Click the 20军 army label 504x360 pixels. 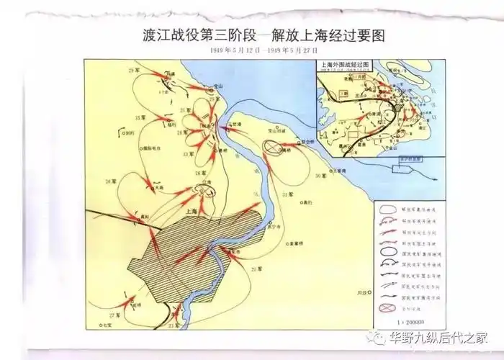[256, 269]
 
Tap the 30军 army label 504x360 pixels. [322, 176]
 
